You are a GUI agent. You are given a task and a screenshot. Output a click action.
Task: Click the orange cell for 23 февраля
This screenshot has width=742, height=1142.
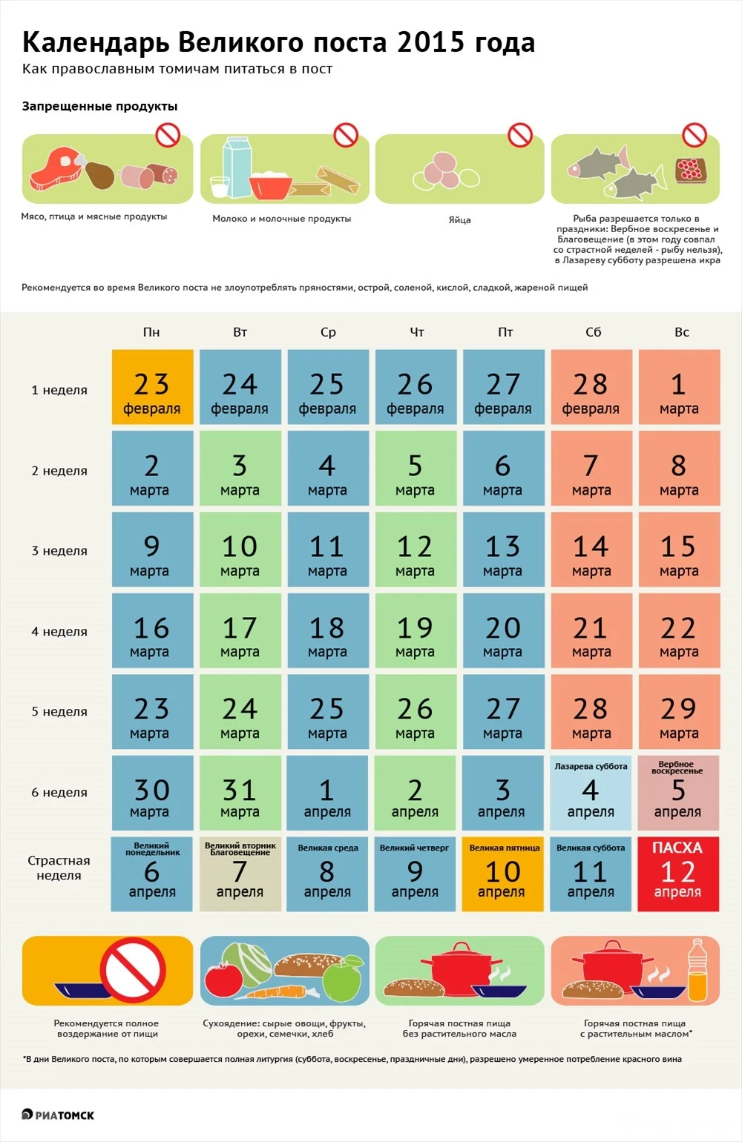152,387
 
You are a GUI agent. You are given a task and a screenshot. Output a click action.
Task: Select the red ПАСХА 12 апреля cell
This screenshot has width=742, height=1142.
678,874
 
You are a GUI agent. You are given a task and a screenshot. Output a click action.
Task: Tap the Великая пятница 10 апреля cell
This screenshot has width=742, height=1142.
503,874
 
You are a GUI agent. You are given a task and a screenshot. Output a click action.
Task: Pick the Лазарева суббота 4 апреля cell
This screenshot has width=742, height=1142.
591,793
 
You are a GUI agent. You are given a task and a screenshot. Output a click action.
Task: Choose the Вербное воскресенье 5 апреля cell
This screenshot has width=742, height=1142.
678,793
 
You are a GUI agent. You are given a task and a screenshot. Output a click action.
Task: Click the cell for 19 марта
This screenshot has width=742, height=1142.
415,631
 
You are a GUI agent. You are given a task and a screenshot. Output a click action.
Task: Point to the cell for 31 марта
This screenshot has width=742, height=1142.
240,793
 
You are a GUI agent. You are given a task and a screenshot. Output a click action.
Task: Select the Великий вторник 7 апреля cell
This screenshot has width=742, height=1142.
240,874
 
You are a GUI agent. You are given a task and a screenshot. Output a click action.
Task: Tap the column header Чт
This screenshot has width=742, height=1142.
416,332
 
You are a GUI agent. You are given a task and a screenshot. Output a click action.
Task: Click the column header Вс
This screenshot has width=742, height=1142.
681,332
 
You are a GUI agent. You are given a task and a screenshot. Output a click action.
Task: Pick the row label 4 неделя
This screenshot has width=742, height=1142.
59,632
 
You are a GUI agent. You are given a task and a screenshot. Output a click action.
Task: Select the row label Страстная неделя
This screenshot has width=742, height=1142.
59,868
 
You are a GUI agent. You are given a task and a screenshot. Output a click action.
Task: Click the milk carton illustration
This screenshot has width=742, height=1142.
235,167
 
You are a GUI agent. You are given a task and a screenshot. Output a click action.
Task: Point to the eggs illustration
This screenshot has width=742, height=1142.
445,171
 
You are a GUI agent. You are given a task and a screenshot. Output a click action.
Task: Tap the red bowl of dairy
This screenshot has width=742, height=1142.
272,185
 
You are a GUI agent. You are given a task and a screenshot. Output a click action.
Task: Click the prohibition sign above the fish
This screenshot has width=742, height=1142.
695,135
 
